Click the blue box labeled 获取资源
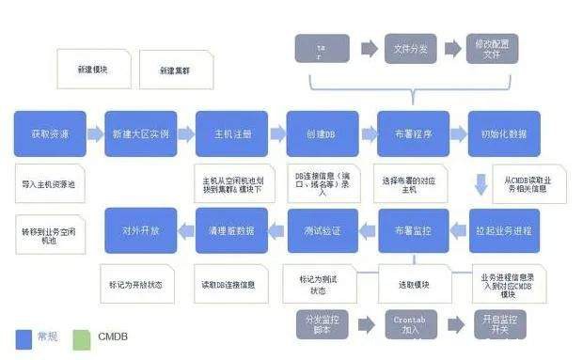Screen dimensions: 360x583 (x=49, y=133)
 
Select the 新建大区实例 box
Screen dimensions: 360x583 (x=140, y=133)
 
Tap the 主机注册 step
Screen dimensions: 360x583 (x=231, y=133)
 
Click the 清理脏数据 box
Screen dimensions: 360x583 (x=231, y=230)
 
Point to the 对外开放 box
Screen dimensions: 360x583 (x=140, y=230)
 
